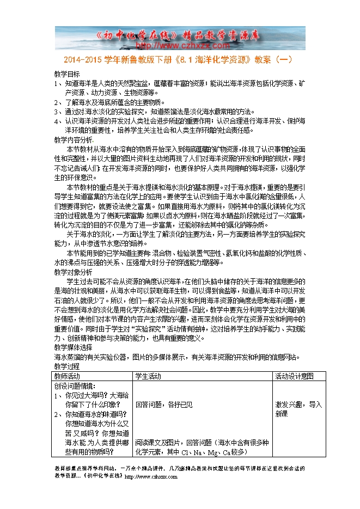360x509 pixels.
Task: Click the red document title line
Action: [x=180, y=62]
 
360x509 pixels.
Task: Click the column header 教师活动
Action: [x=67, y=376]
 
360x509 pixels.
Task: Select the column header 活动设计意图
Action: [x=294, y=376]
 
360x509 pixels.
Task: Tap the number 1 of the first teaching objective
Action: [x=57, y=84]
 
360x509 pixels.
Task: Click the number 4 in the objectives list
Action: [x=57, y=121]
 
